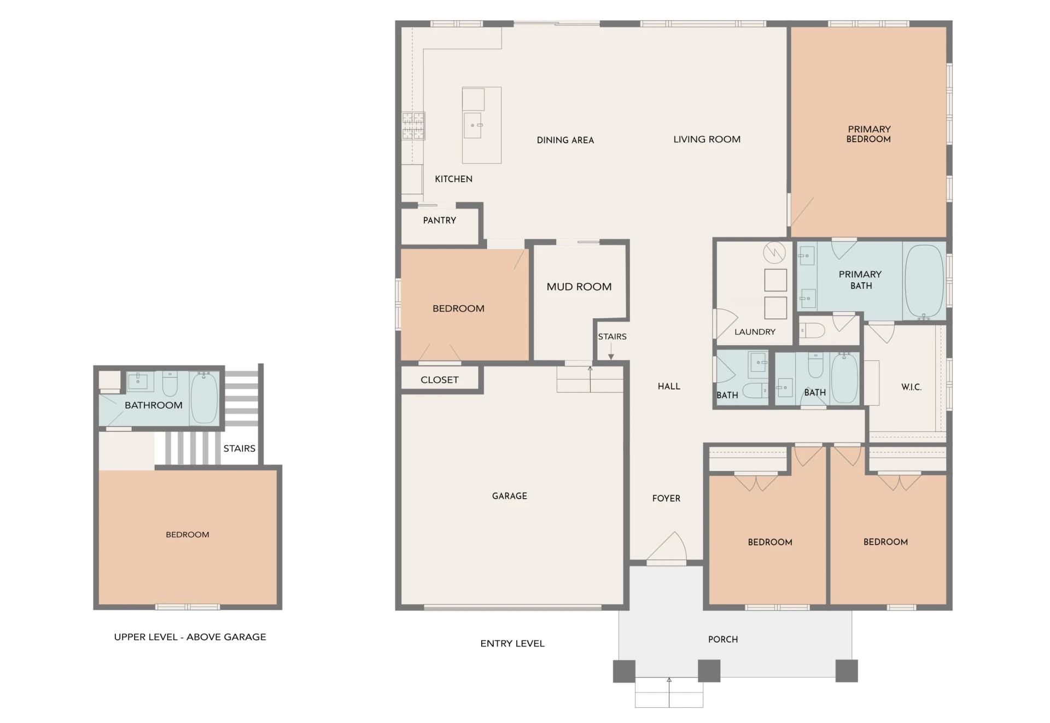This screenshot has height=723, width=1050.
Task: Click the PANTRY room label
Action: [439, 220]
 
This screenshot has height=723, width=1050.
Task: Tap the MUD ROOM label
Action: [579, 287]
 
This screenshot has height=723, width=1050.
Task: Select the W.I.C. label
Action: [911, 387]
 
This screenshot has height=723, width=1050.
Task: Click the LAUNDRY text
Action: [755, 332]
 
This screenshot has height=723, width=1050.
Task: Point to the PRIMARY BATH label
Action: [860, 279]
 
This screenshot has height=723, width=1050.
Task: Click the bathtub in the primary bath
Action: [924, 282]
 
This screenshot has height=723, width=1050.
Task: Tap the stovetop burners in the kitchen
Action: [413, 126]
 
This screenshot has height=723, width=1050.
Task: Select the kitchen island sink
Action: [472, 125]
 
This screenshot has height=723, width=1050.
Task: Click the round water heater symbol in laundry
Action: [774, 252]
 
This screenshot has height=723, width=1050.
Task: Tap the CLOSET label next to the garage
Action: [440, 380]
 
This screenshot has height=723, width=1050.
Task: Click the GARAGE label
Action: [510, 496]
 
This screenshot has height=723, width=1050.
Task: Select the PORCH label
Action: [723, 639]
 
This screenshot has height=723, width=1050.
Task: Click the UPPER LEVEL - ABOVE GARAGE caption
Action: [190, 637]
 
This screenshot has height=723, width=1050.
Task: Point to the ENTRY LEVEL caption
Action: [512, 644]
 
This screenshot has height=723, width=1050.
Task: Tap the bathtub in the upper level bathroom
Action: [205, 398]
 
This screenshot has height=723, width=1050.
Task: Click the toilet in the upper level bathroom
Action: [170, 384]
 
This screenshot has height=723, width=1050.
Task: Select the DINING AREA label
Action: [565, 140]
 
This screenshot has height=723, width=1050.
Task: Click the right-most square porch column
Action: [847, 671]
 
